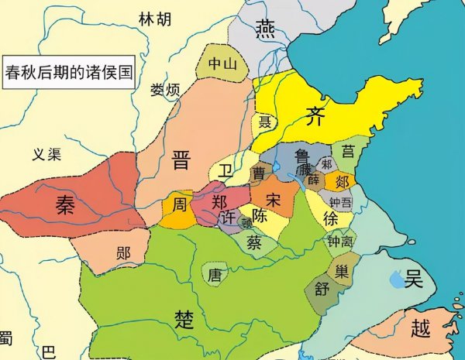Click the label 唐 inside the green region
pos(215,273)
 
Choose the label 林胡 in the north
pos(156,18)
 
